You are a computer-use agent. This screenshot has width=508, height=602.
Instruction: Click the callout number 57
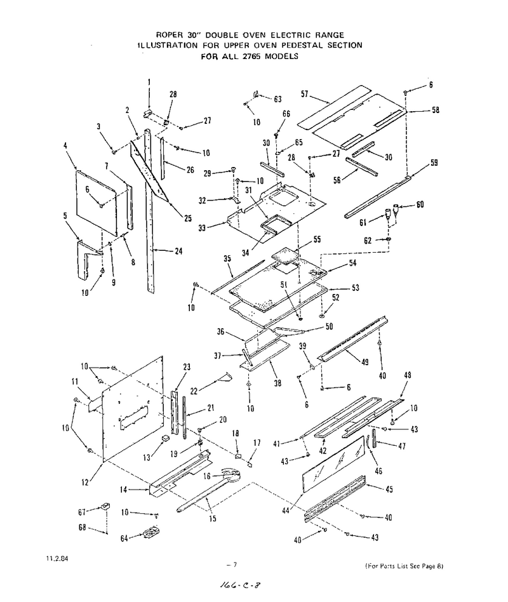(x=305, y=94)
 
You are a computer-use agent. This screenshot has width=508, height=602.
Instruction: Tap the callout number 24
(x=178, y=251)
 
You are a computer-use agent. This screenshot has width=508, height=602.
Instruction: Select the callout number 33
(x=202, y=228)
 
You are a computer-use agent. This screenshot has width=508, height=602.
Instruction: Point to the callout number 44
(x=286, y=511)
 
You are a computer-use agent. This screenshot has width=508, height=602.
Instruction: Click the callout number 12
(x=85, y=482)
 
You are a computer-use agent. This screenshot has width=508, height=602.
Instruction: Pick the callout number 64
(x=124, y=538)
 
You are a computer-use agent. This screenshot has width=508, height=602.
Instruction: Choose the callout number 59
(x=434, y=163)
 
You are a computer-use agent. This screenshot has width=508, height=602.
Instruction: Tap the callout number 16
(x=207, y=476)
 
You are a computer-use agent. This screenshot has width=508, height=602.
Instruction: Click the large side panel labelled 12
(x=133, y=408)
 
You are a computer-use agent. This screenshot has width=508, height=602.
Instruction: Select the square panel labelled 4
(x=97, y=203)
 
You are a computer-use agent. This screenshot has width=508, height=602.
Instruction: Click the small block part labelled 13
(x=165, y=438)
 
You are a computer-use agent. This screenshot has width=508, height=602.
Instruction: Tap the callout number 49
(x=364, y=361)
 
